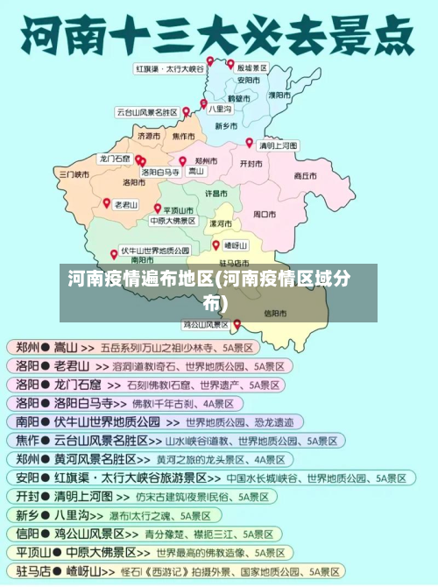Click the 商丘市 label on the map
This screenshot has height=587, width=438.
click(x=305, y=175)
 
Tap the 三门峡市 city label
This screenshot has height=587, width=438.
click(x=74, y=174)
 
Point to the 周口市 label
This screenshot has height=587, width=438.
click(x=265, y=214)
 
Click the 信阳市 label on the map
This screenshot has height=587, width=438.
click(x=274, y=313)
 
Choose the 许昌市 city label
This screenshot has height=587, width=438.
click(x=216, y=192)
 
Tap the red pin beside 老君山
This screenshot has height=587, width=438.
click(x=107, y=202)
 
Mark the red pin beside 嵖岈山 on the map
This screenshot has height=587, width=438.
click(x=215, y=245)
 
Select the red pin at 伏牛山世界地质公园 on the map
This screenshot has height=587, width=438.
click(x=114, y=254)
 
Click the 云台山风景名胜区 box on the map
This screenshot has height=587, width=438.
click(x=147, y=112)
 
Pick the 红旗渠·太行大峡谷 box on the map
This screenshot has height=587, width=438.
click(x=169, y=67)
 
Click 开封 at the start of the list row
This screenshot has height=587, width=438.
click(x=26, y=496)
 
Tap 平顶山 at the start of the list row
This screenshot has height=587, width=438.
click(x=32, y=553)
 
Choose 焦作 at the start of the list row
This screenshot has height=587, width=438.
click(x=26, y=440)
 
